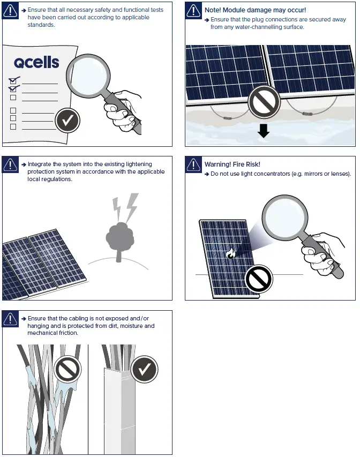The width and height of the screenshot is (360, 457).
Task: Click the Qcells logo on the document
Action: (x=36, y=63)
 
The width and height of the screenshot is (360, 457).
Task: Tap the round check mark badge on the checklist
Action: (x=67, y=121)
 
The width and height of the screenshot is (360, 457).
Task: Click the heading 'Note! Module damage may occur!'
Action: (x=255, y=10)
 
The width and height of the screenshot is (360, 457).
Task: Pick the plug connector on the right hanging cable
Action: (x=307, y=114)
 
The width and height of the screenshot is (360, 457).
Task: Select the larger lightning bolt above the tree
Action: (x=130, y=206)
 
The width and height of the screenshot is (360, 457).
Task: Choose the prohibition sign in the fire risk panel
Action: (x=259, y=279)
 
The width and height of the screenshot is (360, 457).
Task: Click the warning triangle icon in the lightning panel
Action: (x=11, y=165)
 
